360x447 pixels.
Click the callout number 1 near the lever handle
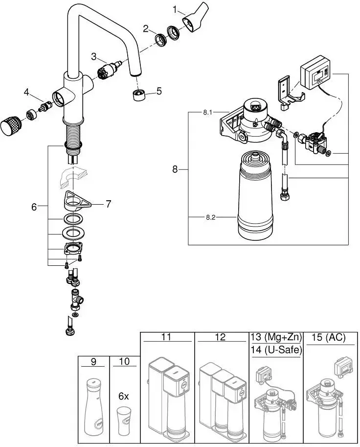pyautogui.click(x=176, y=9)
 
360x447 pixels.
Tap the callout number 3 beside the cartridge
pyautogui.click(x=94, y=56)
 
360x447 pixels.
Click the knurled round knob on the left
pyautogui.click(x=11, y=125)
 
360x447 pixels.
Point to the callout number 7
pyautogui.click(x=108, y=203)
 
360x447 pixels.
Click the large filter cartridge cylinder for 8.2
pyautogui.click(x=254, y=196)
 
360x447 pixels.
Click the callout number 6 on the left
pyautogui.click(x=34, y=207)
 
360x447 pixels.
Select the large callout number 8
pyautogui.click(x=175, y=169)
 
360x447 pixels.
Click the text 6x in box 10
pyautogui.click(x=124, y=396)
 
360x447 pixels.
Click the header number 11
pyautogui.click(x=166, y=337)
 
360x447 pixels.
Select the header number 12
pyautogui.click(x=220, y=337)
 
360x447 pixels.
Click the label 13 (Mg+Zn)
pyautogui.click(x=276, y=337)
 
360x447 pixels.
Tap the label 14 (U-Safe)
pyautogui.click(x=276, y=350)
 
